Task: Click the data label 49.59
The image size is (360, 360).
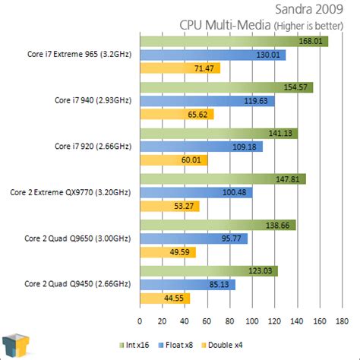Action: point(182,252)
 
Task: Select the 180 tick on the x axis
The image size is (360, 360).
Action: point(343,320)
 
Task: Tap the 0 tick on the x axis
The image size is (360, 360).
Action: point(140,320)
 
